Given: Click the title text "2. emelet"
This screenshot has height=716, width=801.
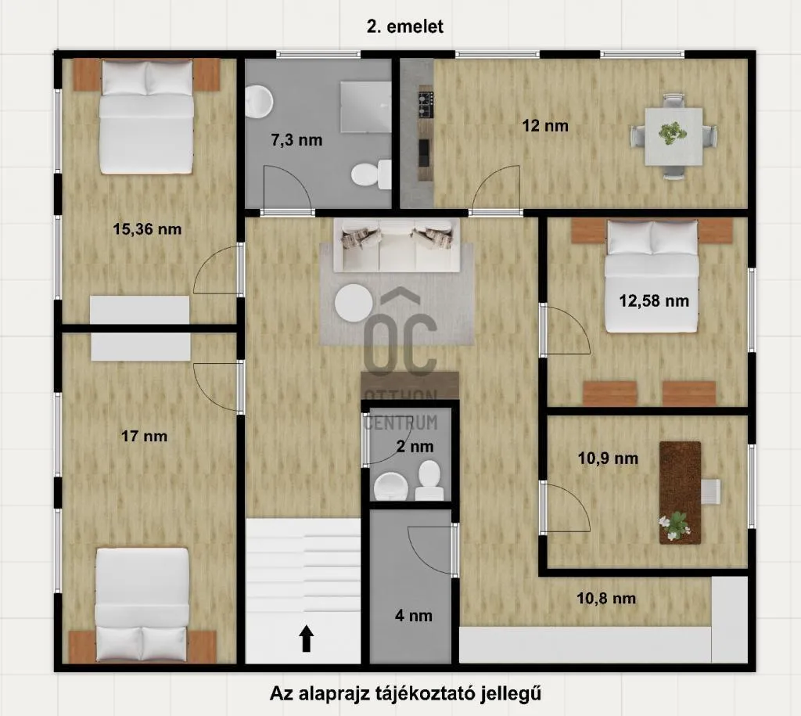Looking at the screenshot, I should pos(405,27).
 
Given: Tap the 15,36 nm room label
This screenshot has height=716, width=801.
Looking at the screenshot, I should pos(147,229).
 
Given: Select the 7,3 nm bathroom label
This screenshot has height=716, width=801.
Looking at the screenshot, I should pos(294,141).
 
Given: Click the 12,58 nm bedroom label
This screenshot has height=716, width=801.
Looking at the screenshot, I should pos(654,300).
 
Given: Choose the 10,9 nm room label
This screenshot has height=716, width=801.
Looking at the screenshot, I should pos(608,459).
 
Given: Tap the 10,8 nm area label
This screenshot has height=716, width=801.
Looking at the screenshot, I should pos(606,599).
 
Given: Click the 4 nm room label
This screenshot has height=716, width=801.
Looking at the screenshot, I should pos(413,615).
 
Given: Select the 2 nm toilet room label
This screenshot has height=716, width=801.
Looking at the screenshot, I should pos(414,447).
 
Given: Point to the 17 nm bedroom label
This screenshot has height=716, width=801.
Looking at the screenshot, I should pos(144,437).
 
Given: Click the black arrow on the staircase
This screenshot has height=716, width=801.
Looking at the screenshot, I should pos(307,639).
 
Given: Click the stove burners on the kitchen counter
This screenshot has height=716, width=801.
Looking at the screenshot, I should pos(425,104).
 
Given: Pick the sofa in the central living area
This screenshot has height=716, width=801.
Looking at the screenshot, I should pos(397,244).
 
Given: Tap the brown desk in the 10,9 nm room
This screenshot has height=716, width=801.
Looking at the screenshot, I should pos(679,491).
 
